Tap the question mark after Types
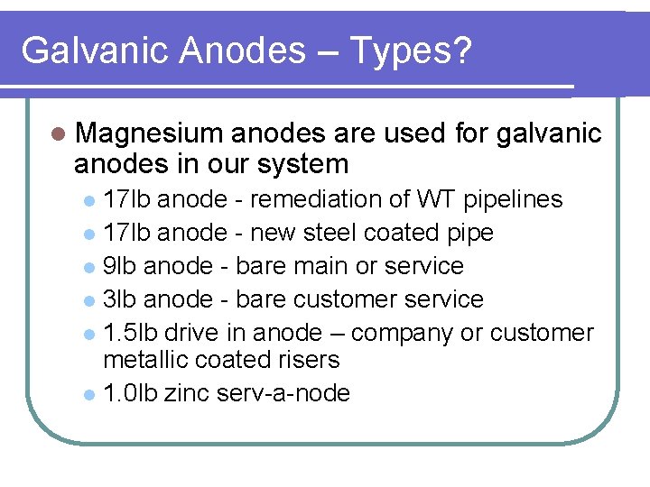point(461,51)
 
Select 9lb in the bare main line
point(120,266)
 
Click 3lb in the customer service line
point(120,299)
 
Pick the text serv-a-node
point(283,393)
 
